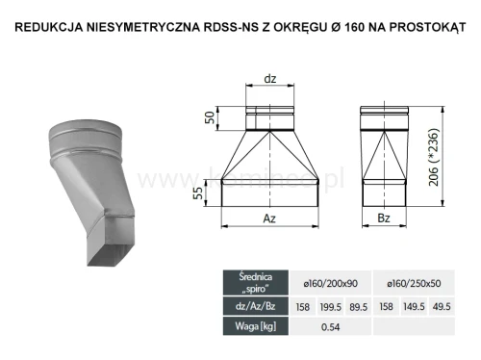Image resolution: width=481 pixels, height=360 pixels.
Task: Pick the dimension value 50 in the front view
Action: click(x=211, y=118)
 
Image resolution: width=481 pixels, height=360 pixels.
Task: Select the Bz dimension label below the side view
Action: click(x=381, y=219)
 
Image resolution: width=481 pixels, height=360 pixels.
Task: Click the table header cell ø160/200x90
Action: click(x=327, y=281)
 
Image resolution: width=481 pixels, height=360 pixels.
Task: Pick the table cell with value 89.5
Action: click(x=357, y=305)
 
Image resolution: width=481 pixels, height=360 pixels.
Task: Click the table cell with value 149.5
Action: click(x=417, y=305)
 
